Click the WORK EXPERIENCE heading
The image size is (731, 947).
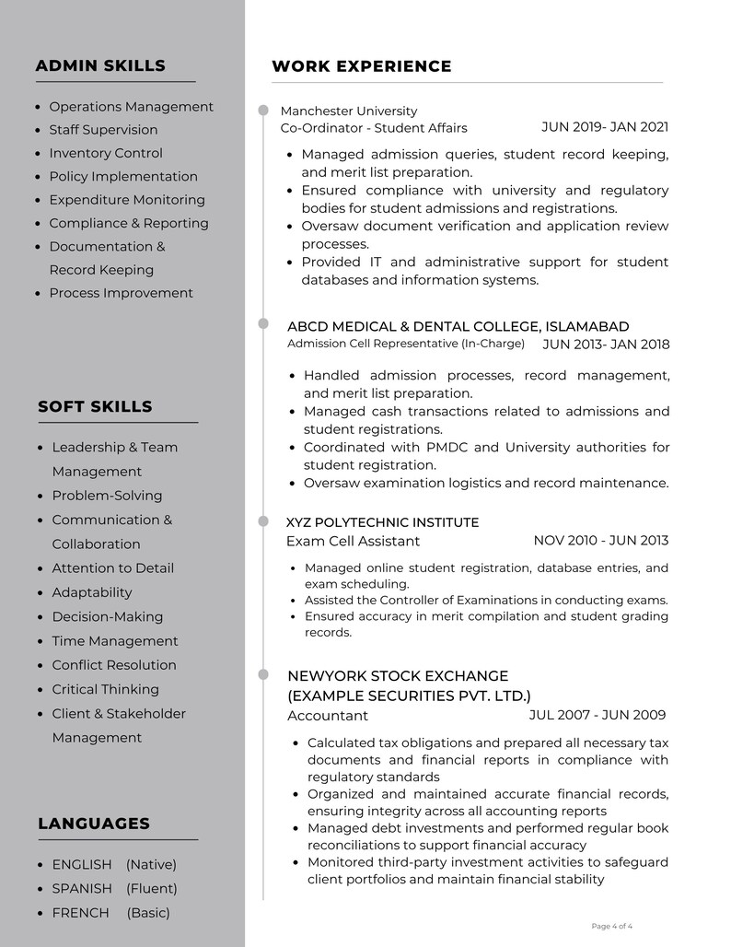coord(361,66)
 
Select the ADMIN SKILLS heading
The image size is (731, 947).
coord(100,65)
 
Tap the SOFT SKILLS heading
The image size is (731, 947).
coord(95,406)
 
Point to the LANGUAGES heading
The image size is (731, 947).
coord(93,824)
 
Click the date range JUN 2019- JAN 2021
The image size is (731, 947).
coord(604,127)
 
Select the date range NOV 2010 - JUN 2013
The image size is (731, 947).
coord(600,540)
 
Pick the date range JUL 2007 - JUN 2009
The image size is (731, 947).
coord(597,715)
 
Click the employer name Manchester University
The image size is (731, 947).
coord(348,111)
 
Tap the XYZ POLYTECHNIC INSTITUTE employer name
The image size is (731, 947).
coord(382,522)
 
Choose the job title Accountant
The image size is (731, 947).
coord(327,716)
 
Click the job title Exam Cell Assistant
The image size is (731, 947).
coord(353,541)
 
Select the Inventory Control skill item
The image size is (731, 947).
coord(105,153)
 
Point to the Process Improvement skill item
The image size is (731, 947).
coord(121,293)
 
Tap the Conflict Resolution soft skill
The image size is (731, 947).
coord(114,665)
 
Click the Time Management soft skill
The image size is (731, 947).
coord(115,641)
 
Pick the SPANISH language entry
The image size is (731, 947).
coord(82,889)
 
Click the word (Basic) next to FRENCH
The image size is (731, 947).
coord(148,913)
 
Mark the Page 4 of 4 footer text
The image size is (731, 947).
coord(611,926)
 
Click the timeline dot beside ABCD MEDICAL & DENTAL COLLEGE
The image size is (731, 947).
coord(263,324)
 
